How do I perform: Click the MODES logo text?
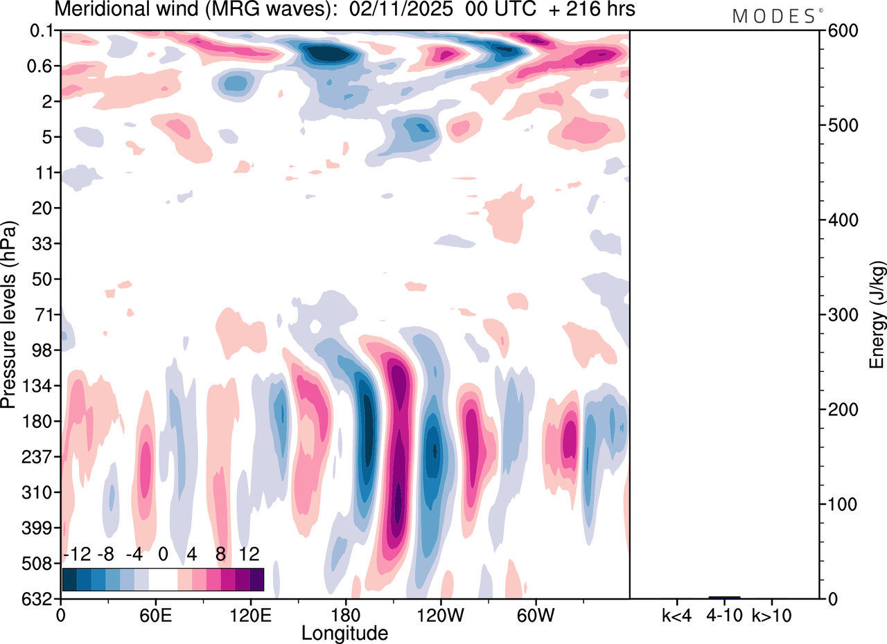(773, 17)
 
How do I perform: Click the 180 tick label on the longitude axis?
(345, 615)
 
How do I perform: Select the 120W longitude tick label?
(439, 615)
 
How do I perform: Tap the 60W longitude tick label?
(534, 615)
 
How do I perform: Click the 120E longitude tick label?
(250, 615)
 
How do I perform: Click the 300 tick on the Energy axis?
(840, 315)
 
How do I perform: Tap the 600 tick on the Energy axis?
(840, 31)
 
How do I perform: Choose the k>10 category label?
(772, 615)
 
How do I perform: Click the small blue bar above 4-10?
(724, 597)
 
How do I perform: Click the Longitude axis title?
(344, 632)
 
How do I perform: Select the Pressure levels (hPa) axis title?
(10, 315)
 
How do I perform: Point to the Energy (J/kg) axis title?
(877, 315)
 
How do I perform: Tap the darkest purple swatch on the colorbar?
(257, 579)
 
